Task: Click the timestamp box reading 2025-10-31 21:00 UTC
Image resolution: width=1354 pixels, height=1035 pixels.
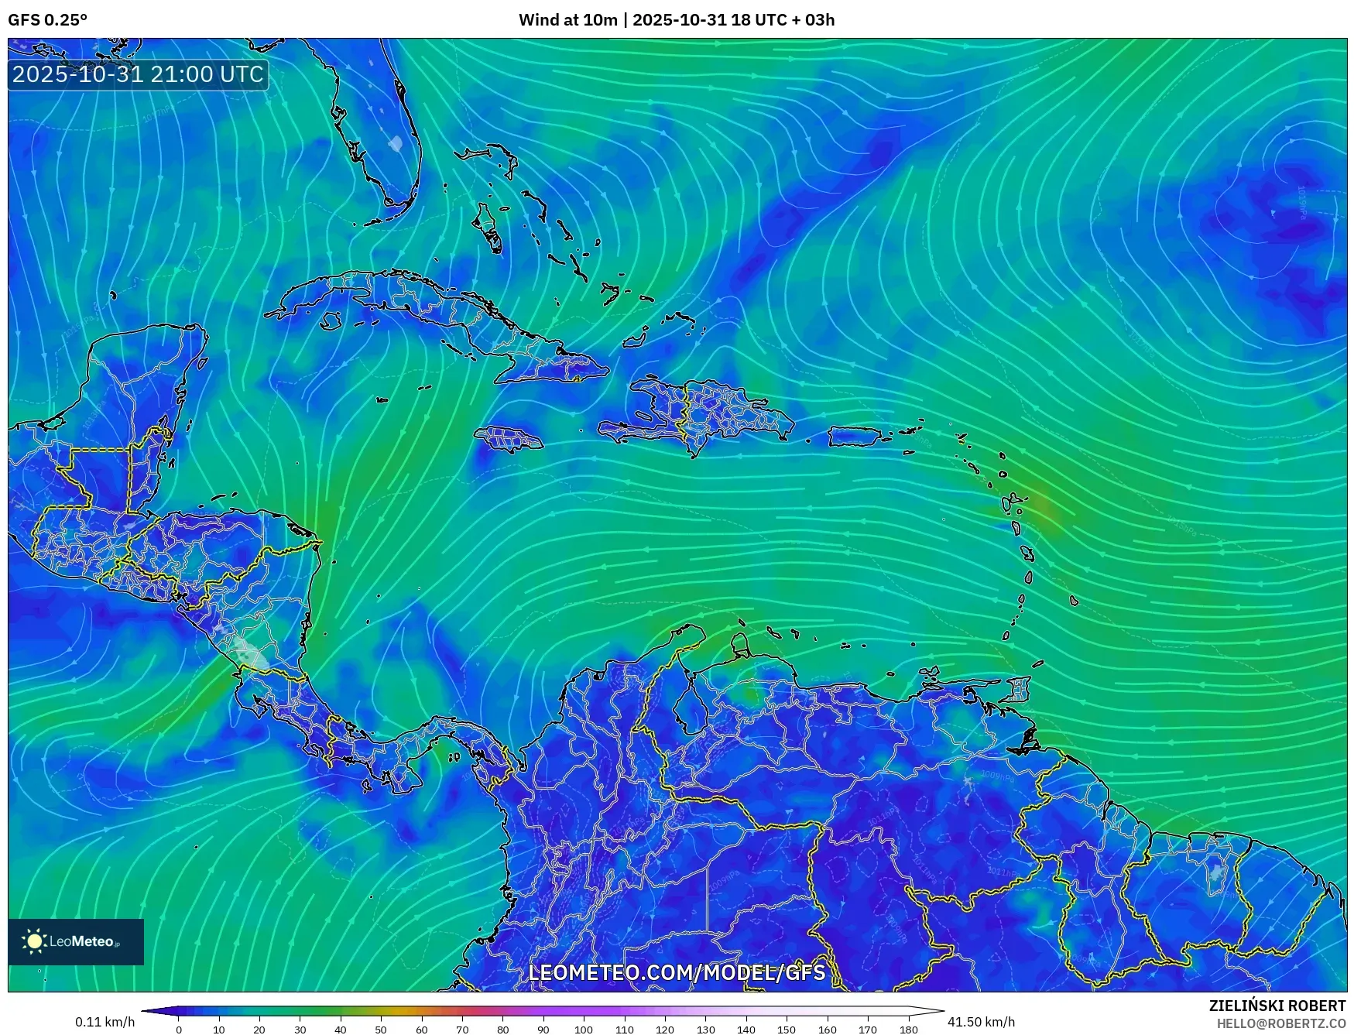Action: [x=138, y=74]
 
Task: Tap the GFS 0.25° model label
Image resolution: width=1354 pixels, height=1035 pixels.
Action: [x=47, y=20]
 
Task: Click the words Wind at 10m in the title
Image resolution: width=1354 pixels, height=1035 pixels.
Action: [x=567, y=20]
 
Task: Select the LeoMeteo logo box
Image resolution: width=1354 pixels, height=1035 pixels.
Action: [x=76, y=941]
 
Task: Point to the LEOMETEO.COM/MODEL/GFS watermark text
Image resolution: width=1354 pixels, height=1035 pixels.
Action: [x=677, y=972]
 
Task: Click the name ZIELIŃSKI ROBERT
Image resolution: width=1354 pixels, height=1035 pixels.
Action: [x=1277, y=1006]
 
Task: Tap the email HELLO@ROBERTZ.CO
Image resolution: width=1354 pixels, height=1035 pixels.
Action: [x=1280, y=1023]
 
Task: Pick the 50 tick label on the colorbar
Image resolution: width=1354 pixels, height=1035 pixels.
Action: [x=381, y=1030]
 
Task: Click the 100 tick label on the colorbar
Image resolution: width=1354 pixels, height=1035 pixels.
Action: [x=584, y=1030]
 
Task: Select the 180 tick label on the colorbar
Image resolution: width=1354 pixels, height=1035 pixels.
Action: [x=908, y=1030]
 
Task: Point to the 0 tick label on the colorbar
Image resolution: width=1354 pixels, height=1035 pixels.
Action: [x=179, y=1030]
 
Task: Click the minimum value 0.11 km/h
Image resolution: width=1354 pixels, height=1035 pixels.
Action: [x=105, y=1022]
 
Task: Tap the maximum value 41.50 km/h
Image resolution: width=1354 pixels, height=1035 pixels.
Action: [x=981, y=1022]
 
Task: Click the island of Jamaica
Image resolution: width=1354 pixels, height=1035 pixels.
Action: [x=509, y=439]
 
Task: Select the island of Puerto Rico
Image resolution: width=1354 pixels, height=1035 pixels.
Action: [x=855, y=437]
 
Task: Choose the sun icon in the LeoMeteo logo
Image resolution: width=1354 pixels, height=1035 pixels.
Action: [x=34, y=941]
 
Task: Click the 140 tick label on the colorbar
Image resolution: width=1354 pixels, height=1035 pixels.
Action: [x=746, y=1030]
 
